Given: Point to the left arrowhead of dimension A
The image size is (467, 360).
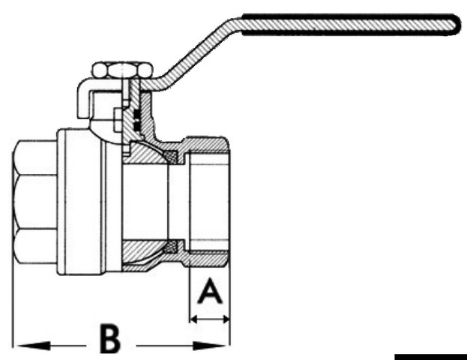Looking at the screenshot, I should click(x=193, y=319).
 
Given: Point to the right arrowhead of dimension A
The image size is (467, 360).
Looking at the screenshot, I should click(x=225, y=319).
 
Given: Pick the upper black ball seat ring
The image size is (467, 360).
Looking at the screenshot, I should click(x=175, y=156).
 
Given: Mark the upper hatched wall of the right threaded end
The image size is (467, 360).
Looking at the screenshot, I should click(x=207, y=144).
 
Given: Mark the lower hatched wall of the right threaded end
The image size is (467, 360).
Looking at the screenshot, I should click(x=207, y=256).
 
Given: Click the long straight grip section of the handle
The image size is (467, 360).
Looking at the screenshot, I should click(x=345, y=22).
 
